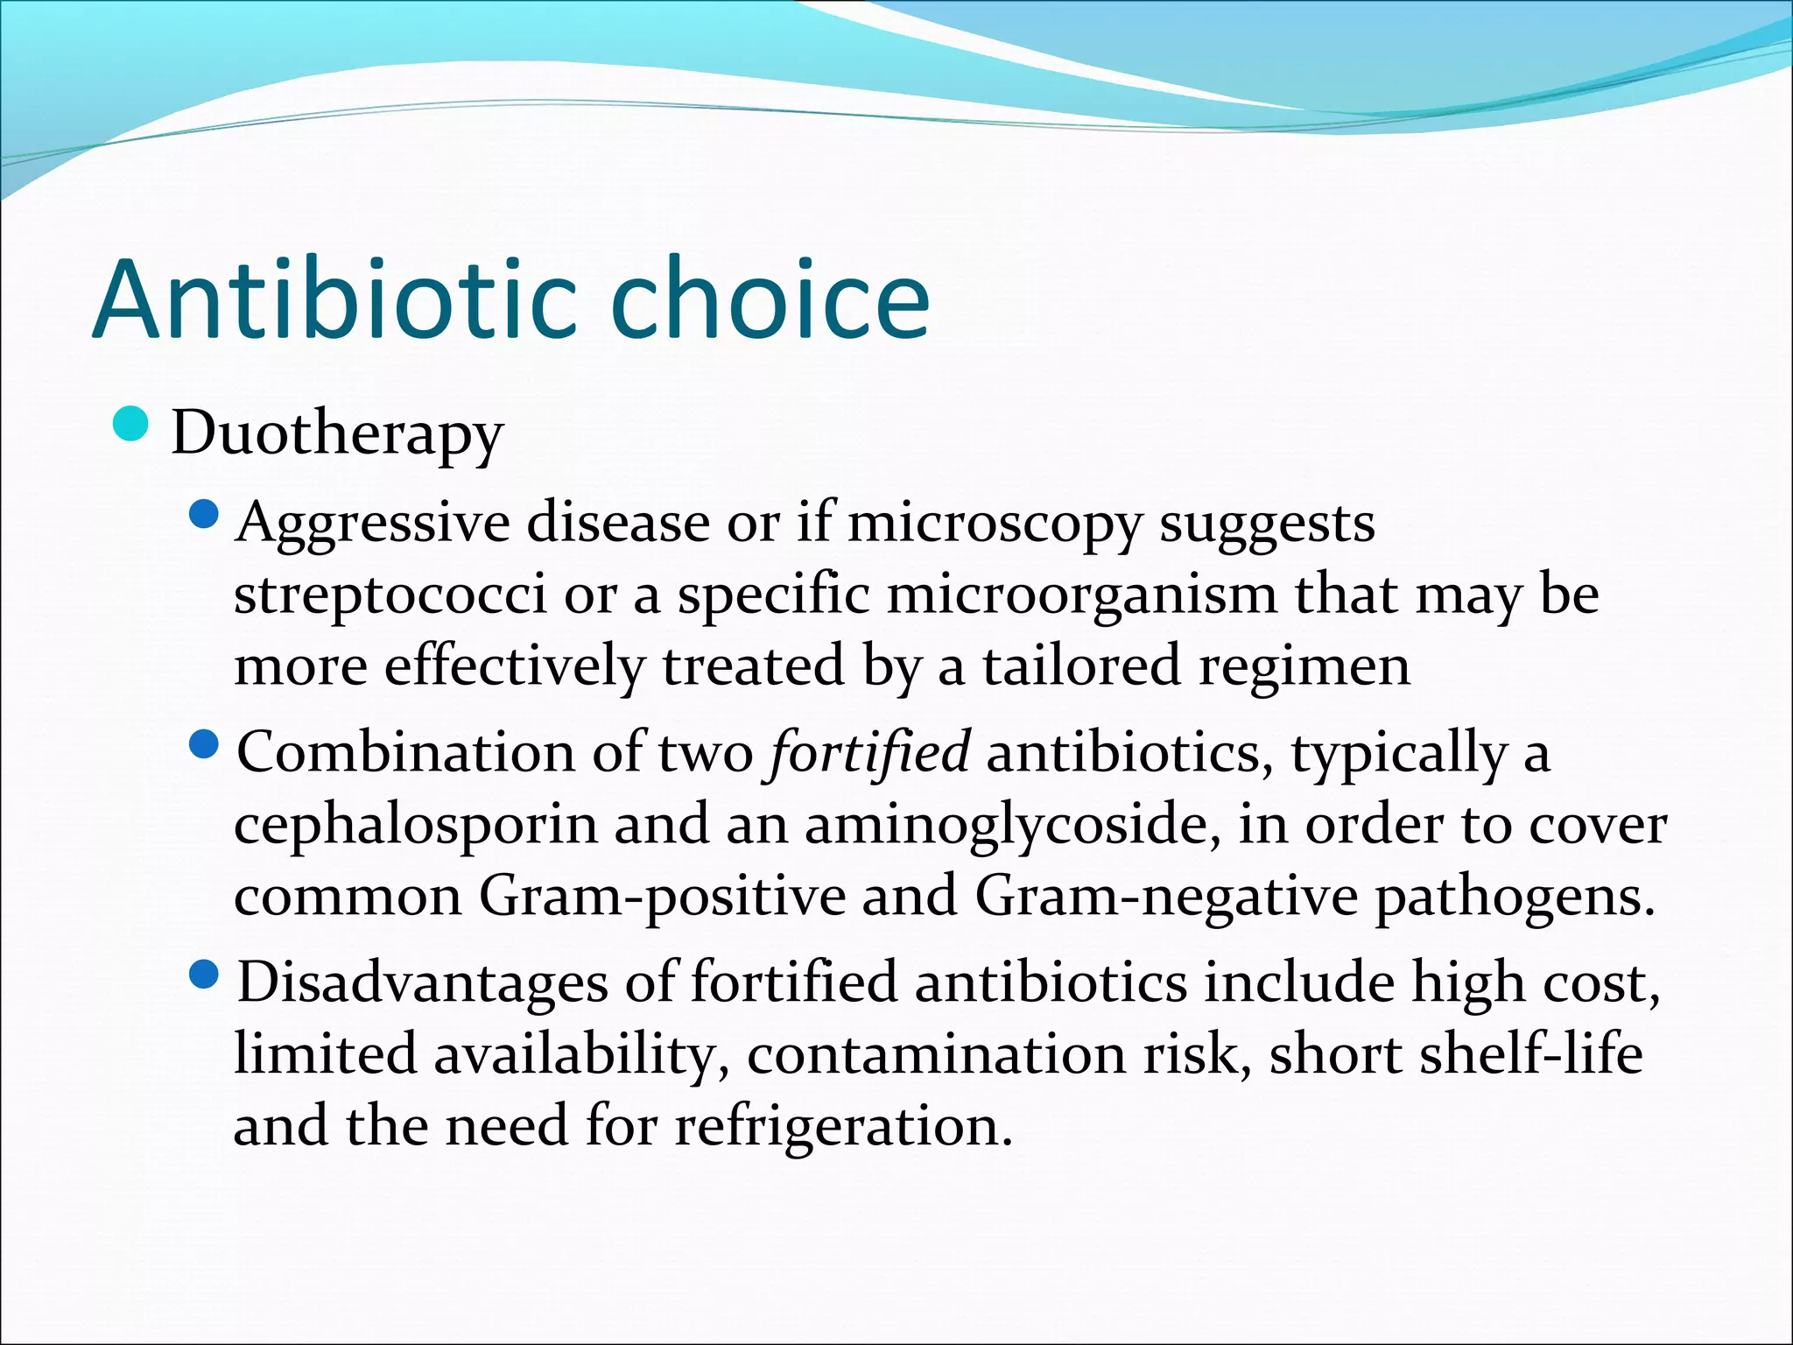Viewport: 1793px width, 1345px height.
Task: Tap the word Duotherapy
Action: coord(337,433)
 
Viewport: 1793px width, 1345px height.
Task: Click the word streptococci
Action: coord(390,595)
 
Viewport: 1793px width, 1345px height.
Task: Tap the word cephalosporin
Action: coord(415,826)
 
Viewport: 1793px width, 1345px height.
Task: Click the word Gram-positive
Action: coord(662,897)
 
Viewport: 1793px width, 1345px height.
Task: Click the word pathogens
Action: coord(1515,897)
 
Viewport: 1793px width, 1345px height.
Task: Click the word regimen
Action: coord(1304,666)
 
